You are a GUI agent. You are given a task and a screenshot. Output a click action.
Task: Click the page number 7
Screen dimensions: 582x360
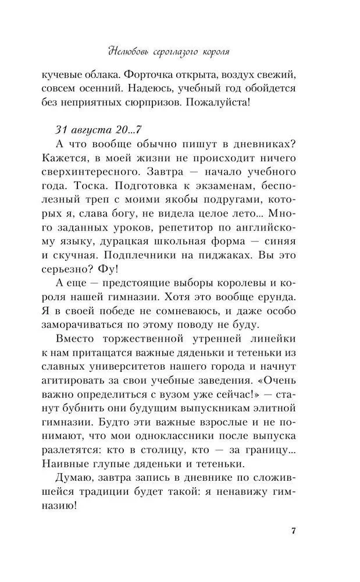[x=294, y=531]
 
